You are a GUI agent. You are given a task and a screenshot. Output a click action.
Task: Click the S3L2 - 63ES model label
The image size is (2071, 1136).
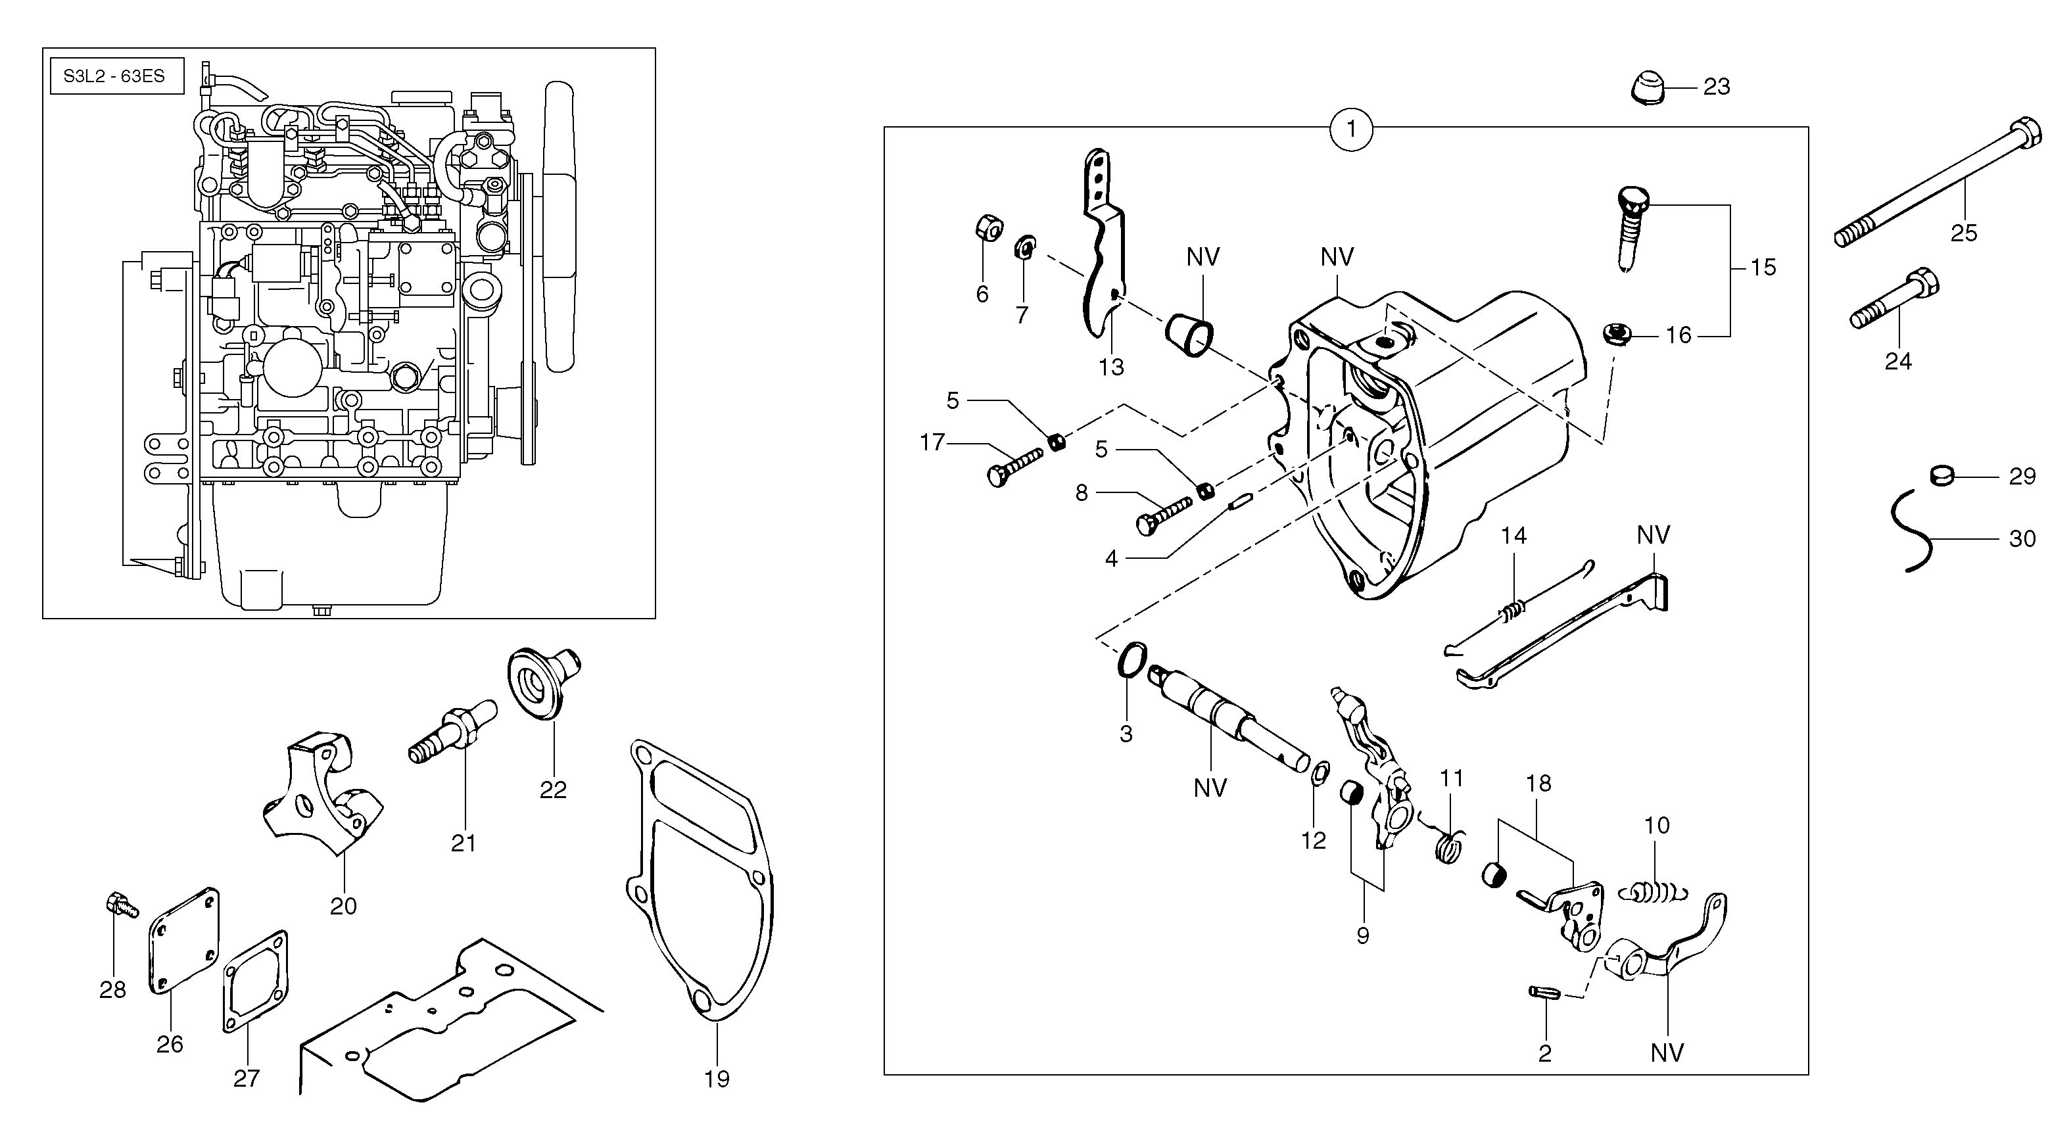(115, 76)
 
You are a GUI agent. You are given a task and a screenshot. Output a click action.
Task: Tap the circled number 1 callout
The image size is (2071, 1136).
(1350, 129)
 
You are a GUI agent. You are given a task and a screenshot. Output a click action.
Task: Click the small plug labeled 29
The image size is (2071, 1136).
(1941, 475)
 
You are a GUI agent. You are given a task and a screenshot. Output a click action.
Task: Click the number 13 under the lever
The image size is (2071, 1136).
(1112, 367)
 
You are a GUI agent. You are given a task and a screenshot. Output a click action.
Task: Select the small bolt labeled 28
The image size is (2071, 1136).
(119, 905)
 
